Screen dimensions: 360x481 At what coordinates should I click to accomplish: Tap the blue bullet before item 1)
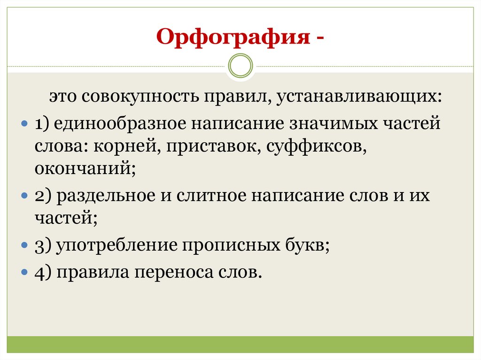(26, 125)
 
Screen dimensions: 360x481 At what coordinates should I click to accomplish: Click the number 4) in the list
(42, 272)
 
